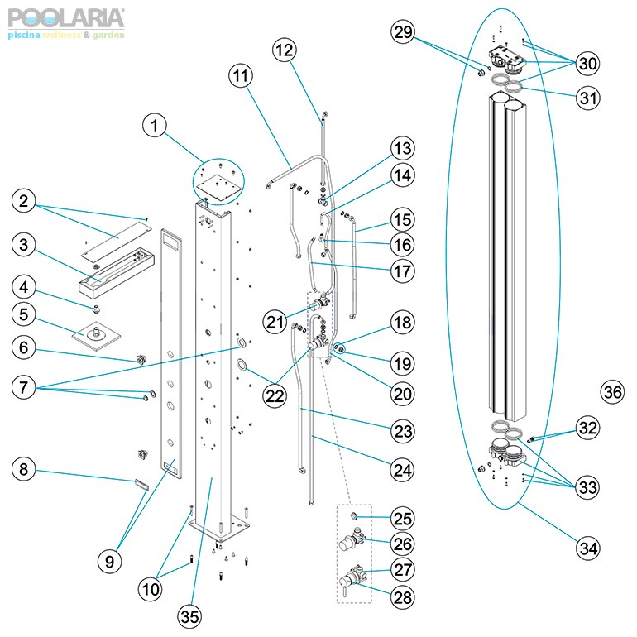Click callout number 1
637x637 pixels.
(x=154, y=126)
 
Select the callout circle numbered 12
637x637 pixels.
(x=285, y=50)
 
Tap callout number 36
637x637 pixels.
(x=612, y=392)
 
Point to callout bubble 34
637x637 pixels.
(x=588, y=547)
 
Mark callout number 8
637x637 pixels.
(x=24, y=470)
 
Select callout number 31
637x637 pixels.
(x=588, y=98)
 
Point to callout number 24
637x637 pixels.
(x=402, y=470)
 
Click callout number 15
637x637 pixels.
(x=402, y=223)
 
